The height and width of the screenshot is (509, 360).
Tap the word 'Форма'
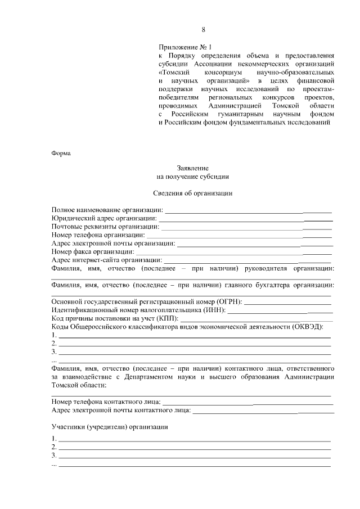pos(61,154)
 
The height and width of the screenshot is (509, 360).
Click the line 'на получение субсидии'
pos(193,177)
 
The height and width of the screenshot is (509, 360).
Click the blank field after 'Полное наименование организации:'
pos(247,211)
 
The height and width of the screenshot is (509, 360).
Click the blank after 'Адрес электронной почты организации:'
pos(254,245)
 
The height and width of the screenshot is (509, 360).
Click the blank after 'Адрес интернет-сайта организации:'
pos(247,262)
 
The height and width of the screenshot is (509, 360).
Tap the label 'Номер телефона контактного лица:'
pos(106,402)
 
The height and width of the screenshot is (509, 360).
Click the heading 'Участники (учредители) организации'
pos(110,427)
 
